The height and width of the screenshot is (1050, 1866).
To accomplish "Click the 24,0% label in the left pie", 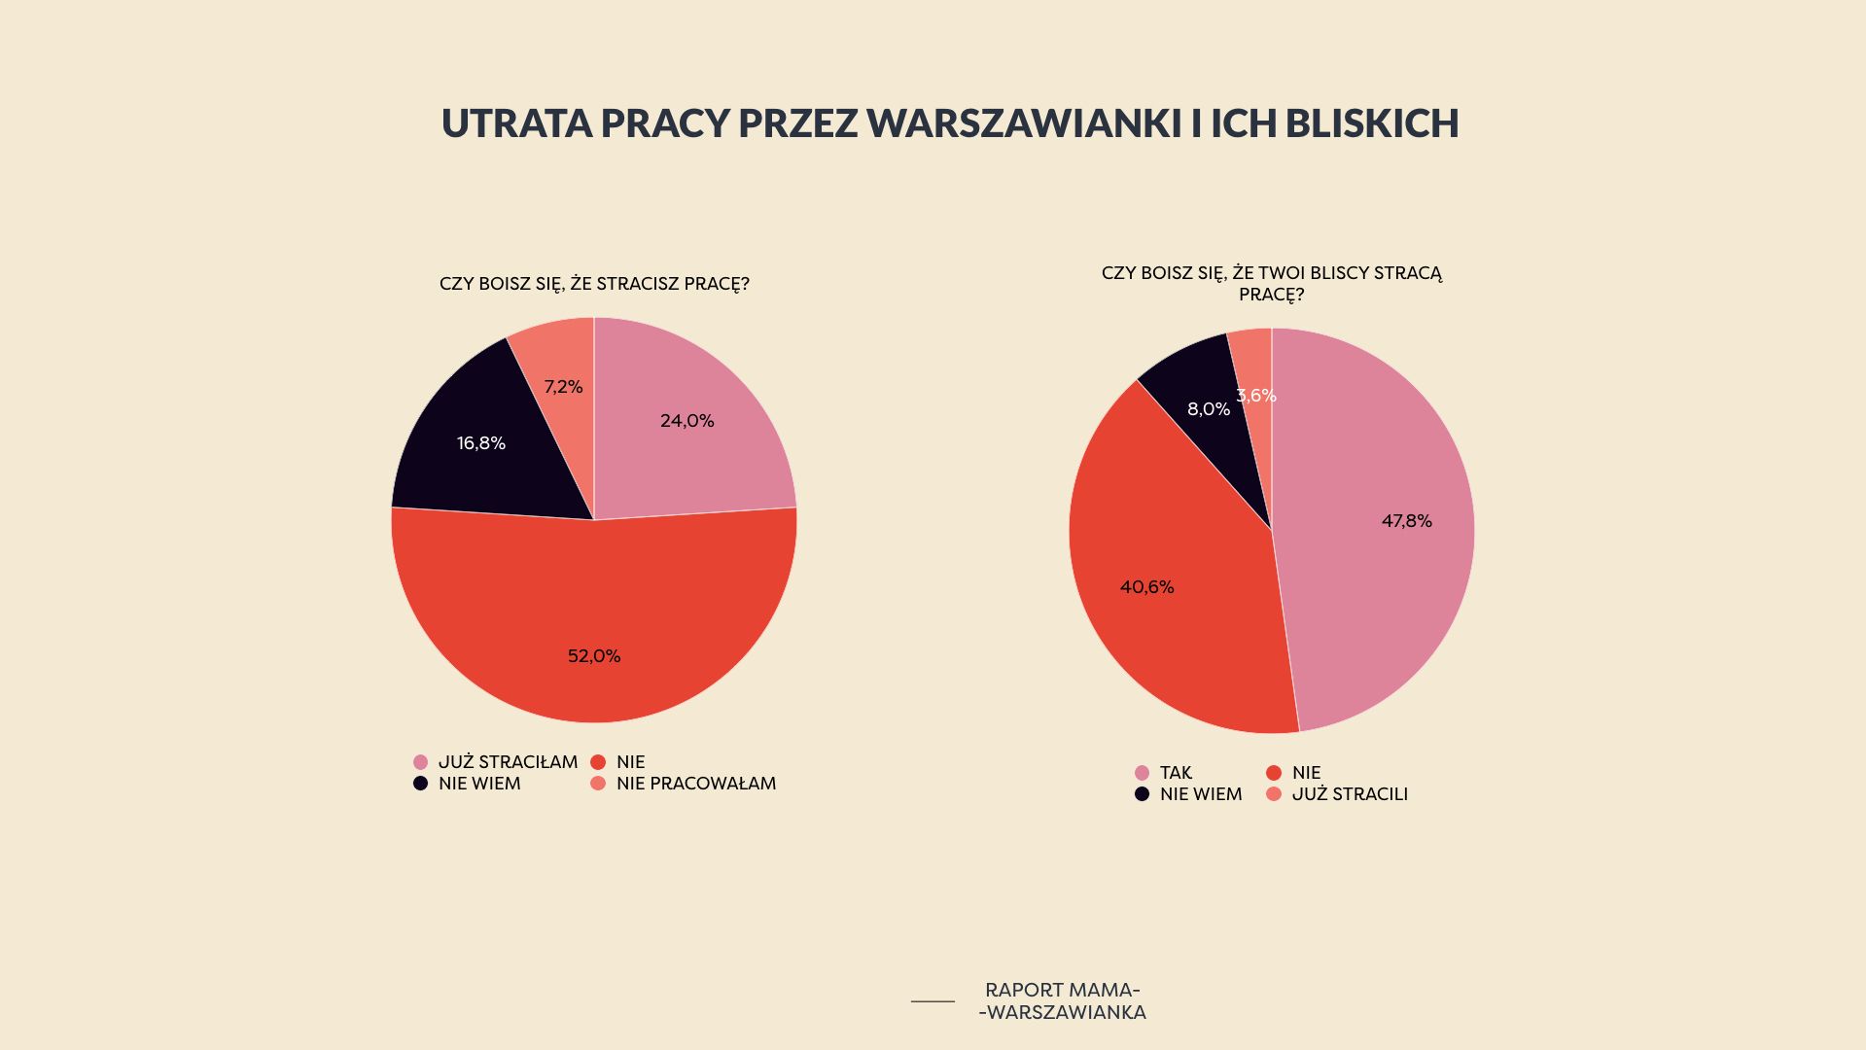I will tap(687, 421).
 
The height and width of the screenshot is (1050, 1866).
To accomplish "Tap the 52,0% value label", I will tap(594, 656).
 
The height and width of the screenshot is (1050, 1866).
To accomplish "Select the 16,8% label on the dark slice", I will tap(481, 443).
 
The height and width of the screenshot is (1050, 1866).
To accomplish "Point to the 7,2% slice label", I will tap(563, 387).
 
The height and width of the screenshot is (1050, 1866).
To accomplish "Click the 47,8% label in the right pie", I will tap(1406, 521).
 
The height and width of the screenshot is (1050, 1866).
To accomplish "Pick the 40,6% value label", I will tap(1146, 587).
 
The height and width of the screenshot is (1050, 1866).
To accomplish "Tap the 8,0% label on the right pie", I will tap(1208, 409).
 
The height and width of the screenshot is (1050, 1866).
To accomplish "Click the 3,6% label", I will tap(1256, 396).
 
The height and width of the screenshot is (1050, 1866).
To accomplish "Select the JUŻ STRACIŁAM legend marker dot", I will tap(420, 762).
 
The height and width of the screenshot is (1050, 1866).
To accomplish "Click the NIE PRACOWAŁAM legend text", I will tap(695, 784).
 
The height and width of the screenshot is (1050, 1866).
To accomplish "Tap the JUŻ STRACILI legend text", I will tap(1350, 794).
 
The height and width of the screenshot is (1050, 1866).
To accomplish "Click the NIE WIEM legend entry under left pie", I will tap(479, 784).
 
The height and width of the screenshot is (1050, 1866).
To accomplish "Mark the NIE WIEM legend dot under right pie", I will tap(1142, 794).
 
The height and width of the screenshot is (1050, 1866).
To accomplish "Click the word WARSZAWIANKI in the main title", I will tap(1024, 123).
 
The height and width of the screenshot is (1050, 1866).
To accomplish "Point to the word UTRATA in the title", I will tap(516, 123).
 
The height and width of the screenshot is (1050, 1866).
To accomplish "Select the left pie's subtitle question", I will tap(594, 284).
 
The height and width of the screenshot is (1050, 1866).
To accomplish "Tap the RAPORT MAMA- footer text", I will tap(1062, 990).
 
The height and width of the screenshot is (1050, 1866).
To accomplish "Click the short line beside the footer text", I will tap(933, 1000).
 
